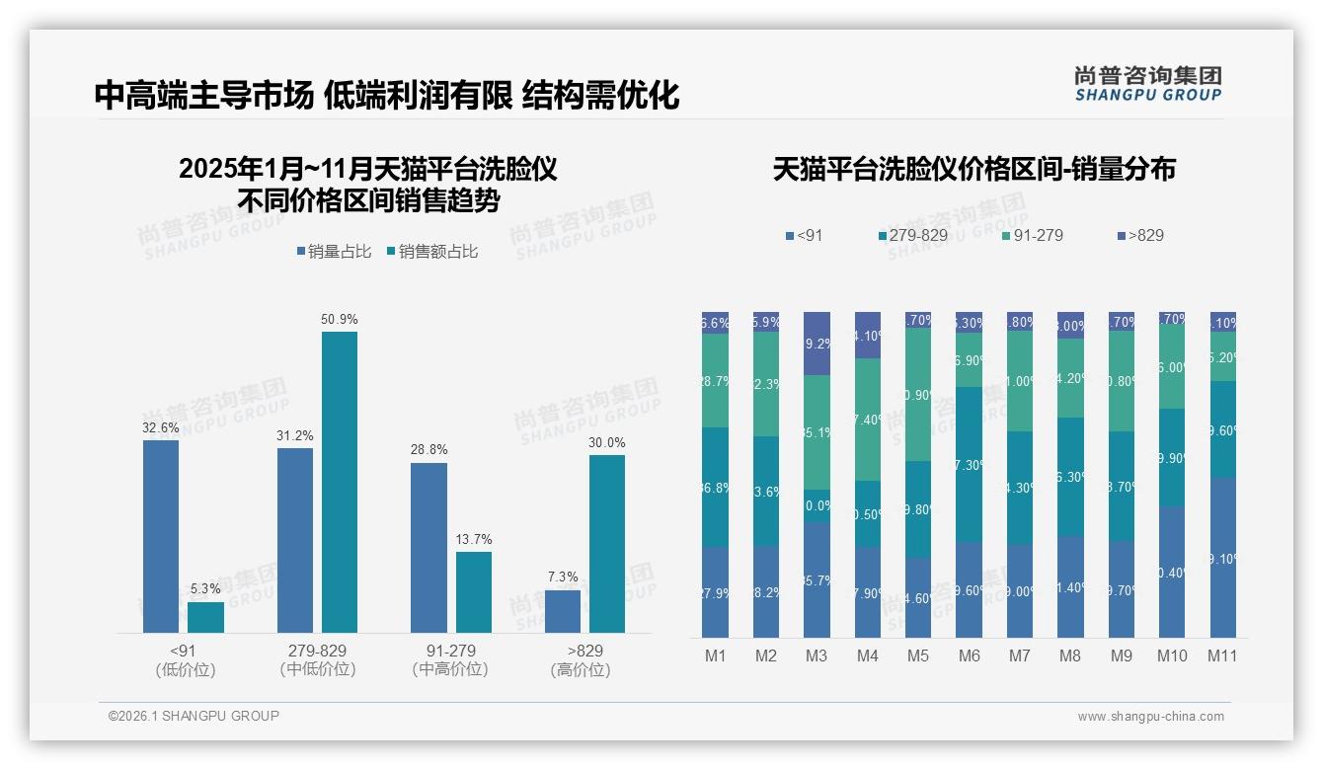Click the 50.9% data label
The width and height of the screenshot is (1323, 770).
tap(340, 320)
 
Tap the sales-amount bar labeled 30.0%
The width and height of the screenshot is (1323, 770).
tap(607, 543)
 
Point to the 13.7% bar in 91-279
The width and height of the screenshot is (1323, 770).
tap(474, 592)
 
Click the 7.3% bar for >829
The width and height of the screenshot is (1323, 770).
tap(563, 611)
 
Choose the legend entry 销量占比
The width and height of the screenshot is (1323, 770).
tap(334, 252)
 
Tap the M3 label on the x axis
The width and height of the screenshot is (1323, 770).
tap(817, 655)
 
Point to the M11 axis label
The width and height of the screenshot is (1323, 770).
tap(1222, 655)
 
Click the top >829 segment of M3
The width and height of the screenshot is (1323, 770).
tap(817, 344)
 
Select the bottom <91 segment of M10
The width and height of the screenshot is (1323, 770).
tap(1172, 573)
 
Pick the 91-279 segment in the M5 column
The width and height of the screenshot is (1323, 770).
tap(918, 395)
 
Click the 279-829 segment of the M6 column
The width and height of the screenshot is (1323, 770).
tap(969, 464)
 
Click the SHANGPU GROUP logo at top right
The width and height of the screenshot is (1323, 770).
tap(1147, 84)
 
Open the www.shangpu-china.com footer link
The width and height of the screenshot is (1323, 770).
tap(1150, 717)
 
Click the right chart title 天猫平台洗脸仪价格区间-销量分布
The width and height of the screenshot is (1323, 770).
tap(973, 170)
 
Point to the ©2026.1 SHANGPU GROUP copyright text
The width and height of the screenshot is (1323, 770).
tap(194, 716)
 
